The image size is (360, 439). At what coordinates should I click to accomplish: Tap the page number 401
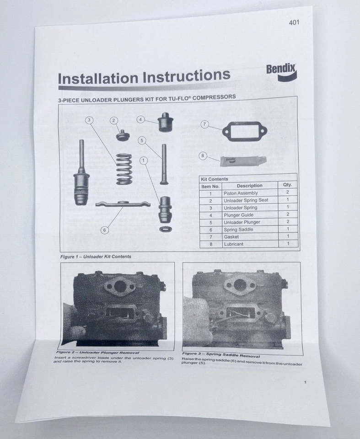[294, 22]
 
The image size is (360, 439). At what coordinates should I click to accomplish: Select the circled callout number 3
[89, 120]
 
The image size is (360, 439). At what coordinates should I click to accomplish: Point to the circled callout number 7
[204, 124]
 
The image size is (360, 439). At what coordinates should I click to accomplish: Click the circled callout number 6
[105, 230]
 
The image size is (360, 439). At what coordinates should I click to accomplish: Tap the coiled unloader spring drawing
[124, 169]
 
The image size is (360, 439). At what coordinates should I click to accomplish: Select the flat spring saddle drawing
[123, 203]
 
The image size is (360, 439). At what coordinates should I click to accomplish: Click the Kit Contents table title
[215, 179]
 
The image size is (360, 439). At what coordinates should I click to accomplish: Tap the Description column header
[249, 186]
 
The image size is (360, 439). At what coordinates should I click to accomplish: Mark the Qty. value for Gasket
[288, 236]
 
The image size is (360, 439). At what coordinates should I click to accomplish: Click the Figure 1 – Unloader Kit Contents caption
[96, 257]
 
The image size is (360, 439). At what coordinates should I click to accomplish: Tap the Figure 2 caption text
[94, 353]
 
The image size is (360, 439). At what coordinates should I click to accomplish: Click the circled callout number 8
[203, 156]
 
